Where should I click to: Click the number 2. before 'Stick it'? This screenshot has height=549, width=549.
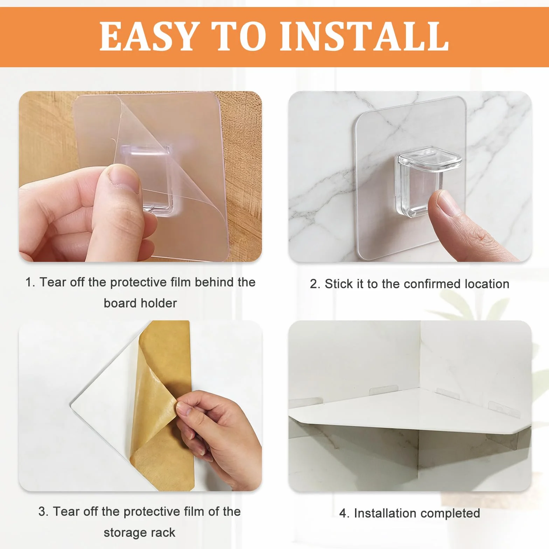pos(315,284)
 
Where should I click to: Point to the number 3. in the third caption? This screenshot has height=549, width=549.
pos(44,512)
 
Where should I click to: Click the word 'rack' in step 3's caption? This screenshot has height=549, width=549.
pos(163,533)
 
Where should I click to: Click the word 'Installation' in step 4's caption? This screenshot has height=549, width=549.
pos(387,513)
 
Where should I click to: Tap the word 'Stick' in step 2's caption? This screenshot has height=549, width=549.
pos(339,284)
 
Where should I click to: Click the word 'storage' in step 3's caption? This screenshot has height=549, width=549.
pos(126,533)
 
